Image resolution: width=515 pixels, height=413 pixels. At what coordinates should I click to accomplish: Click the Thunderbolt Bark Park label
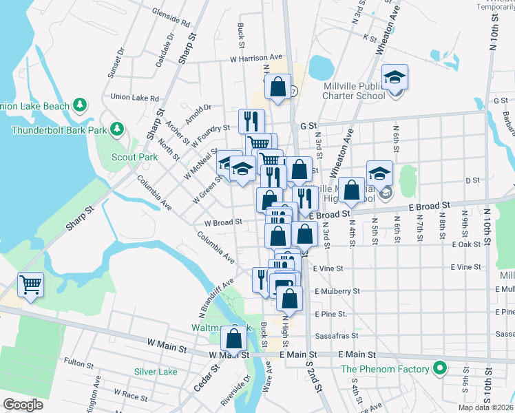coord(59,129)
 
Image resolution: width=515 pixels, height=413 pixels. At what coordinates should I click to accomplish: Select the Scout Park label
coord(135,157)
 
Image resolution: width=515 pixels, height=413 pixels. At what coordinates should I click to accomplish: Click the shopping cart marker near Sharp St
coord(30,284)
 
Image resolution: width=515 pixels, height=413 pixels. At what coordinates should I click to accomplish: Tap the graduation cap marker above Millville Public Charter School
coord(395,77)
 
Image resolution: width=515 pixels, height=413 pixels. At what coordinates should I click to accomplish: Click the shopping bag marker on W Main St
coord(234,339)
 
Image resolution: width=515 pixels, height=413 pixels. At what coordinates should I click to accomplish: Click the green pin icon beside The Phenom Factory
coord(439,369)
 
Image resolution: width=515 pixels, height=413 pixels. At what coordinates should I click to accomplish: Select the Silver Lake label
coord(156,372)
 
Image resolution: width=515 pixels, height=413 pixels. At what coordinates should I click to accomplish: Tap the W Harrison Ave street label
coord(256,58)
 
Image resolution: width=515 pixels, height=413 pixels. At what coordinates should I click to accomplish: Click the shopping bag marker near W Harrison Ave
coord(277,87)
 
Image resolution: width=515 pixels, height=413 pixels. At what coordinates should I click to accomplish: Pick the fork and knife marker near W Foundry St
coord(251,121)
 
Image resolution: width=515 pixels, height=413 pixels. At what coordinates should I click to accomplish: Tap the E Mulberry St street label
coord(337,291)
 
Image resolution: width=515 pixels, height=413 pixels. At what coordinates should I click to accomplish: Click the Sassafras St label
coord(336,336)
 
